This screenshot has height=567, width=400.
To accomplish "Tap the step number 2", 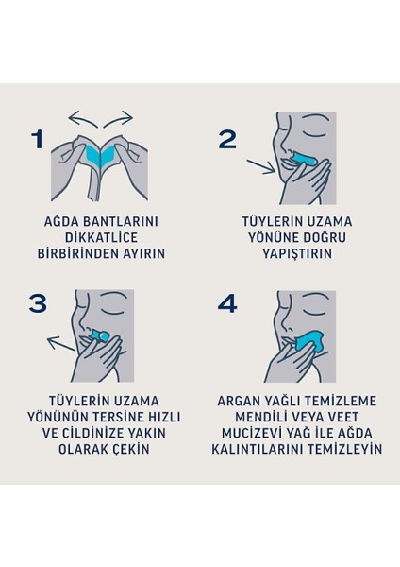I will point(227,140).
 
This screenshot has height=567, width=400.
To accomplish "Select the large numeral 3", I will point(38,303).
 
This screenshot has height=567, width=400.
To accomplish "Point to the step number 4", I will point(227,303).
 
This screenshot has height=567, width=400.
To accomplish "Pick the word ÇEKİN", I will point(130,450).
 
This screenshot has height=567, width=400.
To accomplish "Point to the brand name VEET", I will point(340,417).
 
